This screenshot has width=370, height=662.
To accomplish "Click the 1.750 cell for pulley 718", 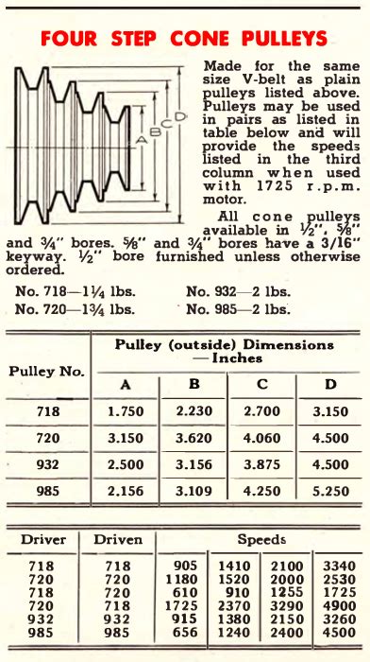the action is (126, 413).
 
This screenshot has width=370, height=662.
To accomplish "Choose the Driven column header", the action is (117, 540).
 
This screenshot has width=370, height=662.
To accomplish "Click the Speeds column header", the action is (261, 540).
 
